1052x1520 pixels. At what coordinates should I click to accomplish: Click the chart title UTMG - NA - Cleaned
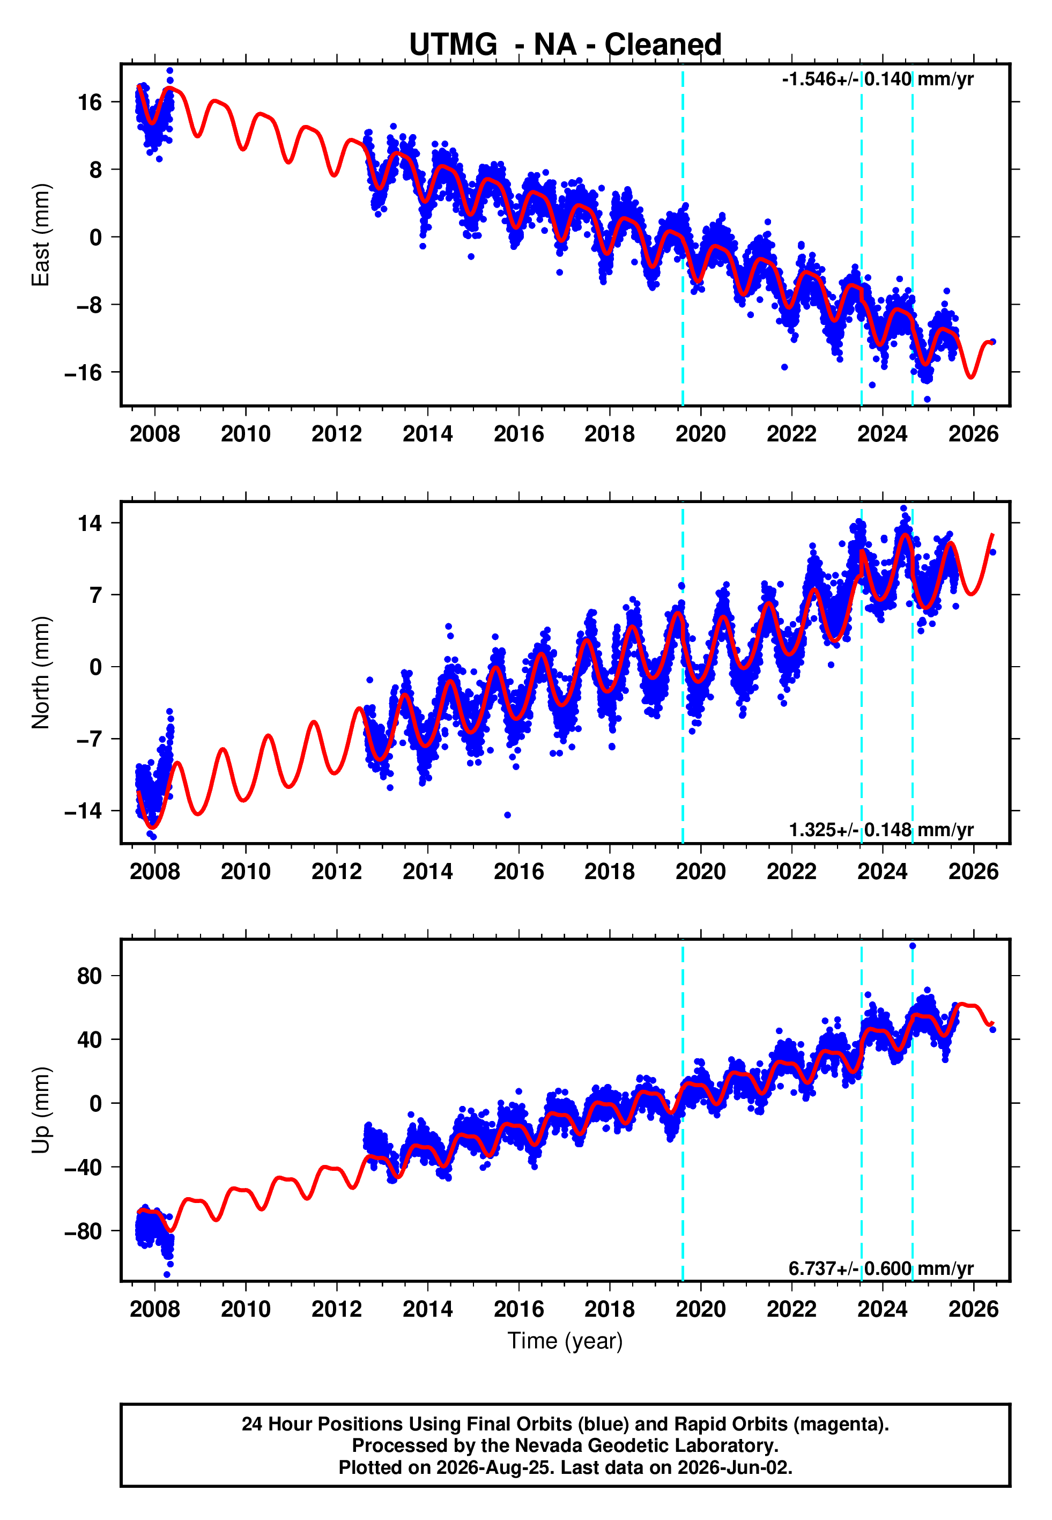(565, 44)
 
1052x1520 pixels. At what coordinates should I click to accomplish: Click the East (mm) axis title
(40, 235)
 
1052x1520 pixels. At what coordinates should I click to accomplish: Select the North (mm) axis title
(40, 673)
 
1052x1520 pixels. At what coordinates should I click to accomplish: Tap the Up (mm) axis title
(40, 1110)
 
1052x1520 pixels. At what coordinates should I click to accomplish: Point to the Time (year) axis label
(565, 1341)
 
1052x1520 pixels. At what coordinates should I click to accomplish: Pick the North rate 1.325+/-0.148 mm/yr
(881, 830)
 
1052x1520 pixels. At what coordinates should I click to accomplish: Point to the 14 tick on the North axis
(90, 523)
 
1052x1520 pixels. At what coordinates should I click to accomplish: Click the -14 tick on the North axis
(83, 811)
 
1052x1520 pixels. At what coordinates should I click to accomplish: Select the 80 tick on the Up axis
(90, 976)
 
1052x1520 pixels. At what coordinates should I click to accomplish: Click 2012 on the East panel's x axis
(337, 434)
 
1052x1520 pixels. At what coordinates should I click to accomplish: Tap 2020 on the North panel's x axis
(701, 872)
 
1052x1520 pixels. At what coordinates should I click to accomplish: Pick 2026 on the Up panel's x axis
(974, 1309)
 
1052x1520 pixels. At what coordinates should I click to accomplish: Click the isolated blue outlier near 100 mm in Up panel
(912, 946)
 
